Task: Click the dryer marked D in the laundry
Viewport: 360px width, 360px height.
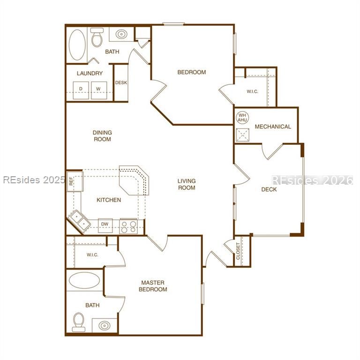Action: click(x=81, y=89)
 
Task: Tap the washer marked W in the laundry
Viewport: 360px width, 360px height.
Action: click(x=98, y=89)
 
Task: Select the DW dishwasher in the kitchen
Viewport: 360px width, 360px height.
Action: click(x=105, y=225)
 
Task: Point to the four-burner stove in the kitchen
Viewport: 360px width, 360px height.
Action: click(x=128, y=226)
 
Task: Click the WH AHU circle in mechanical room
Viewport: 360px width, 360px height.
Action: click(x=242, y=117)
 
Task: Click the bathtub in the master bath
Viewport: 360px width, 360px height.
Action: click(x=84, y=281)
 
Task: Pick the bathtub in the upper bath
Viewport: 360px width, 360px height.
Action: click(x=77, y=45)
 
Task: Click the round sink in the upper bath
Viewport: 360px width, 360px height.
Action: click(x=121, y=34)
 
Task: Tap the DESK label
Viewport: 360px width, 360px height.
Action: click(x=121, y=83)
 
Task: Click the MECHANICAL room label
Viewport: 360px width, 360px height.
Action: click(x=273, y=127)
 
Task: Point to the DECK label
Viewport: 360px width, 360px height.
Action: click(x=269, y=189)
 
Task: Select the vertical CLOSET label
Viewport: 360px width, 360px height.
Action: click(x=239, y=251)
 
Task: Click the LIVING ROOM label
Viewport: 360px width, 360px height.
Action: click(x=187, y=184)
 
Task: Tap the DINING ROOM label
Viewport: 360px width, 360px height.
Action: click(x=102, y=136)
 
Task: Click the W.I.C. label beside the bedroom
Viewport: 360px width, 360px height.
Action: click(x=252, y=91)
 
